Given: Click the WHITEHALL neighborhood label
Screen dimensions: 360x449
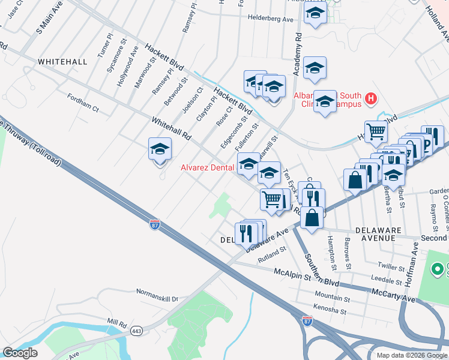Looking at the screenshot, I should (62, 62).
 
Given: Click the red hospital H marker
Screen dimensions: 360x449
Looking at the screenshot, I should (371, 98).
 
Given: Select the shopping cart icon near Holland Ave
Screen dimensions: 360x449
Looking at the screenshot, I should (376, 130).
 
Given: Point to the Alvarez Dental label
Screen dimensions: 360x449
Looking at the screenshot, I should (207, 168).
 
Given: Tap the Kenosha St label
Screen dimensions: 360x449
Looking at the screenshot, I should (330, 312).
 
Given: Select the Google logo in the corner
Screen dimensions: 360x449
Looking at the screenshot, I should (20, 353).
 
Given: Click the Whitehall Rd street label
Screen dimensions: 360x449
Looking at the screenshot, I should (170, 128).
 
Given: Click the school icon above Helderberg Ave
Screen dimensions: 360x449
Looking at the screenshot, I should (315, 14).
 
